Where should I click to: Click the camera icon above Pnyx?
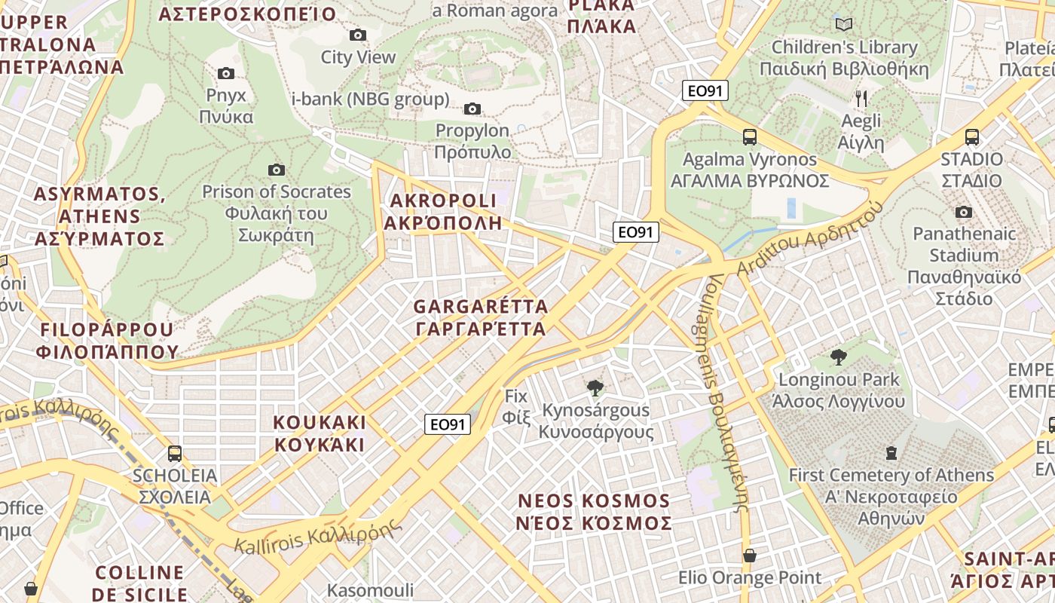coord(225,73)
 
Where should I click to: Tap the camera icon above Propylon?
coord(472,109)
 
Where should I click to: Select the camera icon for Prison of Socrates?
coord(277,170)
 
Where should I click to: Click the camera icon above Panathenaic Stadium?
coord(963,212)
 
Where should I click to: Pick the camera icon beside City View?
coord(358,35)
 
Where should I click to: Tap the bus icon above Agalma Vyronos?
coord(749,137)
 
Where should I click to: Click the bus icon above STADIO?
coord(972,137)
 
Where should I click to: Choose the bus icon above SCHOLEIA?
coord(175,453)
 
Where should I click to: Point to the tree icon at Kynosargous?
coord(595,388)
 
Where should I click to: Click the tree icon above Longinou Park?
coord(838,357)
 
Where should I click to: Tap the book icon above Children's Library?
coord(844,25)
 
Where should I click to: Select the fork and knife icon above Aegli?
coord(861,98)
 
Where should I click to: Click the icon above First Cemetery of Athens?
coord(891,453)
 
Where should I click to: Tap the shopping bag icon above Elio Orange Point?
coord(749,556)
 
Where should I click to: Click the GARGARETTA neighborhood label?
coord(481,318)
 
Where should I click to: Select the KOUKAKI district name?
coord(320,433)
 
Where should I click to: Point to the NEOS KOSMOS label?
coord(595,512)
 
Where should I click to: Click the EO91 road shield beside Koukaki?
coord(447,424)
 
